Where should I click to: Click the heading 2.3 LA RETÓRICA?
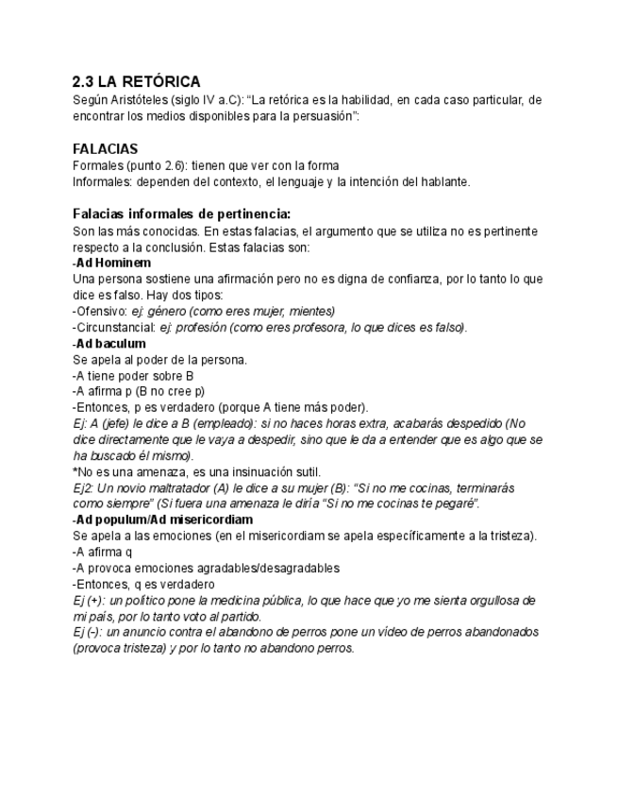point(136,82)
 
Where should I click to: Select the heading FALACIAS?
point(105,148)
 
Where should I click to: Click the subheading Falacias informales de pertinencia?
point(181,213)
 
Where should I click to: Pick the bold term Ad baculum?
point(110,343)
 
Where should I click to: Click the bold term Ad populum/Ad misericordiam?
point(165,520)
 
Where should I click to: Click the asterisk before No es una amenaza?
point(75,471)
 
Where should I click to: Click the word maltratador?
point(163,487)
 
